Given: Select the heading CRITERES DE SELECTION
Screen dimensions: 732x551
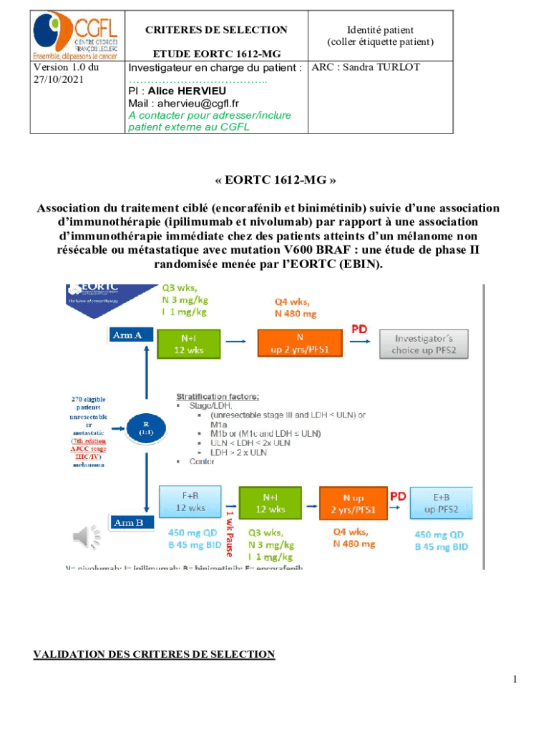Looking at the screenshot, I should [x=216, y=30].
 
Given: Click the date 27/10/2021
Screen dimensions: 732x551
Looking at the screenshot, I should [x=59, y=79].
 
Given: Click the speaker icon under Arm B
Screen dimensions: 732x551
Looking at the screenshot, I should [x=79, y=535].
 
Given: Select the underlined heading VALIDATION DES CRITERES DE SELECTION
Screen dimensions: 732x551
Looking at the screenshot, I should [x=154, y=654].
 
